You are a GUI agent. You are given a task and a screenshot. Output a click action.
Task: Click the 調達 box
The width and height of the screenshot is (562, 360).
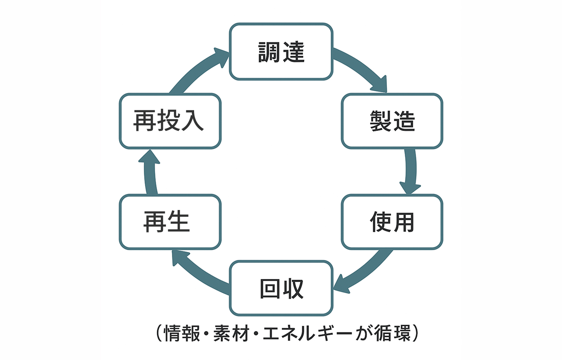(x=281, y=52)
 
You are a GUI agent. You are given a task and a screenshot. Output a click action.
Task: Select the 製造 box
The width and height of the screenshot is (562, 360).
(x=392, y=121)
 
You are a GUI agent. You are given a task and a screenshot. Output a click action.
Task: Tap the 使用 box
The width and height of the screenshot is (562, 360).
(x=392, y=222)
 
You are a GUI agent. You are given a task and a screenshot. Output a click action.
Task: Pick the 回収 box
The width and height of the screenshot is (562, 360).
(x=281, y=288)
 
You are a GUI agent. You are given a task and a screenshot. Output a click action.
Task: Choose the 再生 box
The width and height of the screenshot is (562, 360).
(x=170, y=222)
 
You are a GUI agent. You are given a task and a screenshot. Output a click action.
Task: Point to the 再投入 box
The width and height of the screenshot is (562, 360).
(x=170, y=121)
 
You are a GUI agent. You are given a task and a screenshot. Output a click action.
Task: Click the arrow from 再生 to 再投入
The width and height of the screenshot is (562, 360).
(x=150, y=172)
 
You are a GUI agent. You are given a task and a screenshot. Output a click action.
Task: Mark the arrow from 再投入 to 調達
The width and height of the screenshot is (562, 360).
(x=199, y=71)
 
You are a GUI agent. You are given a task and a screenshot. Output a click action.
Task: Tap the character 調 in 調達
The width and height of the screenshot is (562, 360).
(x=269, y=52)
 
